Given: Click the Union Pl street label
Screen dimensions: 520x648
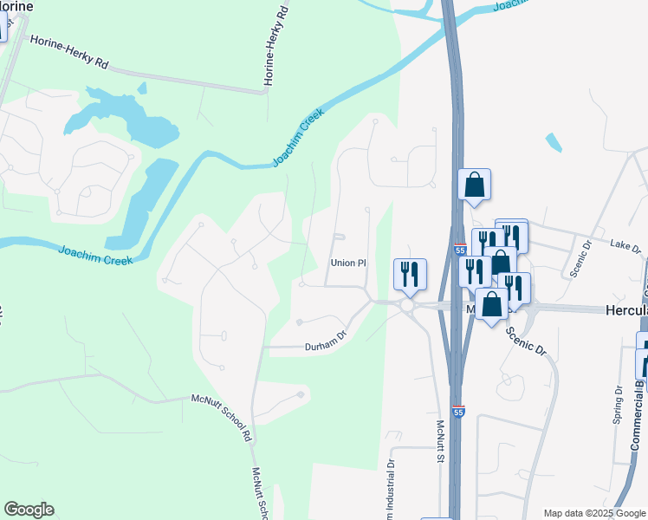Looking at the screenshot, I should pyautogui.click(x=349, y=263).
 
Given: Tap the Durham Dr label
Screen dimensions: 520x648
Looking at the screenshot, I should pyautogui.click(x=325, y=347).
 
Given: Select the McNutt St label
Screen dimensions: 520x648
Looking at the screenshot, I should pyautogui.click(x=440, y=441).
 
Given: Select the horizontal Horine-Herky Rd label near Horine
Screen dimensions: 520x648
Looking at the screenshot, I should pyautogui.click(x=68, y=53).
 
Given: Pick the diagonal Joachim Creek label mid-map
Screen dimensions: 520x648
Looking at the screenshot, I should pyautogui.click(x=297, y=139).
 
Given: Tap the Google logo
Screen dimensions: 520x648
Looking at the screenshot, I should pyautogui.click(x=29, y=510).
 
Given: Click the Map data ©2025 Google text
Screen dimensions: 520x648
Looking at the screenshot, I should pyautogui.click(x=593, y=513).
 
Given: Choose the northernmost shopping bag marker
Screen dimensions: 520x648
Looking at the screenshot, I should pyautogui.click(x=474, y=185).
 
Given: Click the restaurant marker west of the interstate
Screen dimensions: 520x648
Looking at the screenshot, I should pyautogui.click(x=408, y=274).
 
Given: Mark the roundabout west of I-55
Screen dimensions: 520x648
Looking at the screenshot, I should pyautogui.click(x=408, y=306).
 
